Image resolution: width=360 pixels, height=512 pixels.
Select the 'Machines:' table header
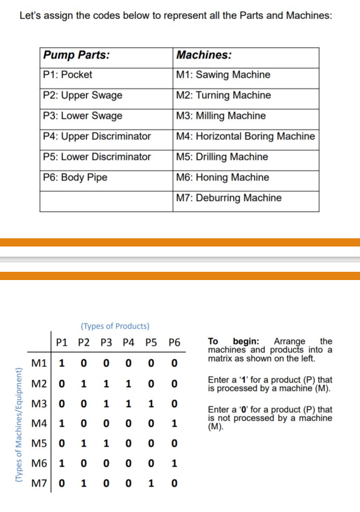point(204,55)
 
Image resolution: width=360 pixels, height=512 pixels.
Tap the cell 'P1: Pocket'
point(68,75)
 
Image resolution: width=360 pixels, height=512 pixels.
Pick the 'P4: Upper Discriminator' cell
point(97,136)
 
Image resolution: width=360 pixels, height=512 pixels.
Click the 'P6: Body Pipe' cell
point(75,177)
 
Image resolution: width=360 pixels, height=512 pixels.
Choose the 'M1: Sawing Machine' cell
point(224,75)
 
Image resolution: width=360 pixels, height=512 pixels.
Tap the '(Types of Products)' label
point(115,326)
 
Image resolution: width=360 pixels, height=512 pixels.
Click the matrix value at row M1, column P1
point(62,364)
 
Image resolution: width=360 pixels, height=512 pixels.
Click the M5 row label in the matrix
point(39,444)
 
